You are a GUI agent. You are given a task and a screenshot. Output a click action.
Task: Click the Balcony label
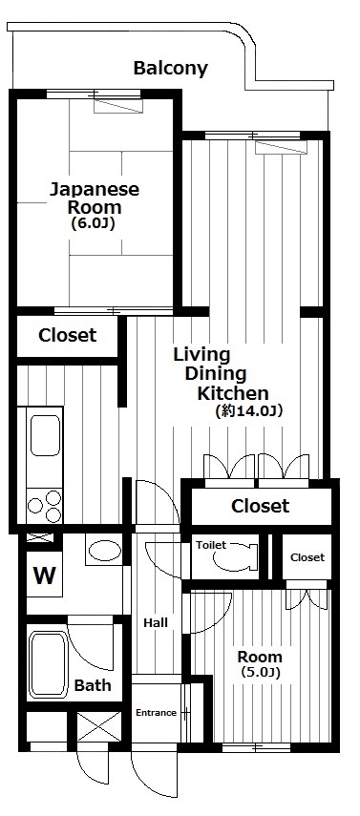[170, 68]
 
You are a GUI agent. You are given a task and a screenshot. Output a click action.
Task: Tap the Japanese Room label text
[95, 198]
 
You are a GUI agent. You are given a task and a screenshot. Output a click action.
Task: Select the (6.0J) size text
[94, 223]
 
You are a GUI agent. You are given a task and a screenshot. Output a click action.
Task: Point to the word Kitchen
[232, 393]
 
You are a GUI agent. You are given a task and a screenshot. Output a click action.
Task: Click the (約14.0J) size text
[249, 411]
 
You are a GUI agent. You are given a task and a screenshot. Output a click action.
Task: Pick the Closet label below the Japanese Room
[67, 335]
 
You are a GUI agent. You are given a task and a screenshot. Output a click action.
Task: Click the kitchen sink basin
[45, 435]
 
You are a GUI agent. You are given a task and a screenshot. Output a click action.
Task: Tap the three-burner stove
[45, 506]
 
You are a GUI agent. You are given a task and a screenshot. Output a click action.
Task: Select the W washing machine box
[44, 576]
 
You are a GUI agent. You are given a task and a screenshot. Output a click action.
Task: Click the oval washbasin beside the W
[104, 550]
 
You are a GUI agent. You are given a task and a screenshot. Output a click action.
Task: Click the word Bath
[93, 685]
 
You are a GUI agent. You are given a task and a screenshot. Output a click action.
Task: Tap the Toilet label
[211, 545]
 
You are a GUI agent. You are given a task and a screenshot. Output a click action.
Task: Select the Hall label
[156, 622]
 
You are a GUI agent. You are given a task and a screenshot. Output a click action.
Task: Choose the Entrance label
[156, 712]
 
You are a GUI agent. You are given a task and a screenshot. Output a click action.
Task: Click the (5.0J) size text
[261, 673]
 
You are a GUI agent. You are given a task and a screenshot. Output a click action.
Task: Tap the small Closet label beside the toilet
[307, 557]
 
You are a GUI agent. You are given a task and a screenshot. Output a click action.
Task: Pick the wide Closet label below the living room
[260, 505]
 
